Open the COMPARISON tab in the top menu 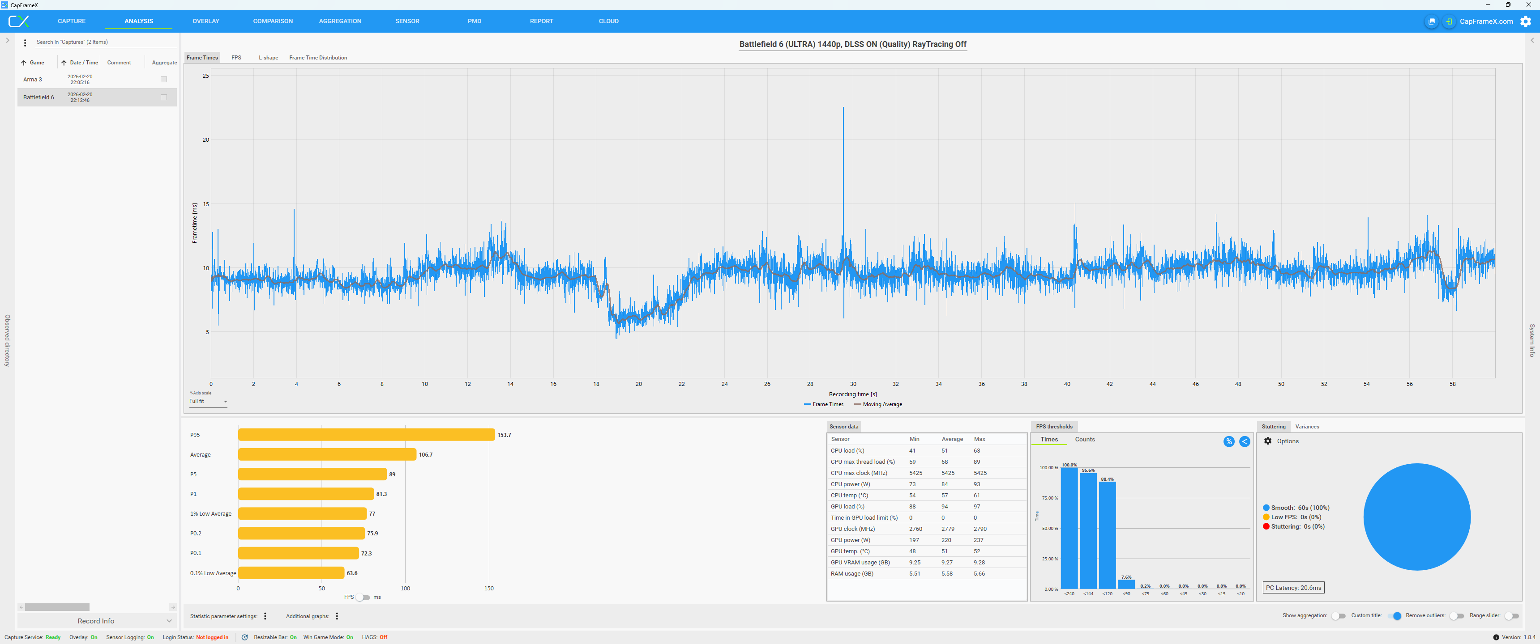point(273,21)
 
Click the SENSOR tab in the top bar point(407,21)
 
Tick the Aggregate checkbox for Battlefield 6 point(164,97)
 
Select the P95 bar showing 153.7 point(367,435)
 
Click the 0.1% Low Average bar point(291,573)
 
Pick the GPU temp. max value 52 point(977,551)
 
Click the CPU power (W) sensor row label point(850,484)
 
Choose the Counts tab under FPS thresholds point(1085,440)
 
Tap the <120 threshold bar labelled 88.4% point(1107,535)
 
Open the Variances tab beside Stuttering point(1307,427)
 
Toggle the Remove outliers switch point(1457,616)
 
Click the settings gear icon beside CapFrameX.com point(1526,21)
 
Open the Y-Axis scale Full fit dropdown point(208,402)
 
